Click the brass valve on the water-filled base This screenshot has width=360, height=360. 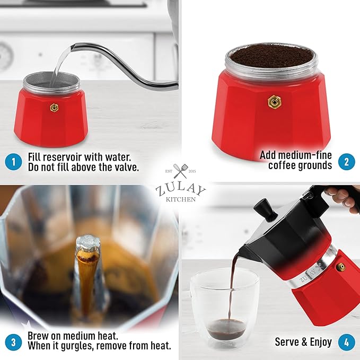click(54, 108)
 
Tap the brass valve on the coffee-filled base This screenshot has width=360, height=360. click(274, 100)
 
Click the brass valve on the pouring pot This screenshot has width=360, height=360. click(341, 267)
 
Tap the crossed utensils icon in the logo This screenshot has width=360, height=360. click(180, 171)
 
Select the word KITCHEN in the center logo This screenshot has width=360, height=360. click(180, 200)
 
